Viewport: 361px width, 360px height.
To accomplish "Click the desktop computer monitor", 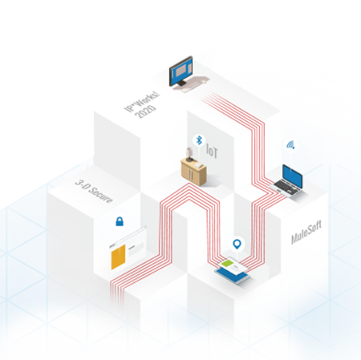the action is [x=181, y=71].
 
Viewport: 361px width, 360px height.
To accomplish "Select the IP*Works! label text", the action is [x=142, y=101].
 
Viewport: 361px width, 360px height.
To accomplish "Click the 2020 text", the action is [x=145, y=111].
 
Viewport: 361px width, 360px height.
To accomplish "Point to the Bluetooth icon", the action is [x=199, y=140].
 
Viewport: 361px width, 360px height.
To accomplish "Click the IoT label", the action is [x=212, y=152].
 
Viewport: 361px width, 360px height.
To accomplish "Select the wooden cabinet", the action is [x=193, y=172].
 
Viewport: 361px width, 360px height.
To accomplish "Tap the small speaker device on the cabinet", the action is [x=189, y=154].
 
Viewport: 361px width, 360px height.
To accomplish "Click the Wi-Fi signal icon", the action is [x=290, y=145].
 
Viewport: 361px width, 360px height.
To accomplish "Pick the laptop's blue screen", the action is [x=293, y=176].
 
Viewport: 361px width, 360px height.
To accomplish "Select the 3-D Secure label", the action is [x=94, y=192].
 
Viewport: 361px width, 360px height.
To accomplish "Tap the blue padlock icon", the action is [x=120, y=221].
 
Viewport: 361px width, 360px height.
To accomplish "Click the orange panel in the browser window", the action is [x=118, y=257].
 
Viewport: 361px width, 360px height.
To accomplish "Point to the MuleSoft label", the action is [x=306, y=233].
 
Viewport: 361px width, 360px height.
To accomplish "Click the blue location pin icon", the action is [x=237, y=244].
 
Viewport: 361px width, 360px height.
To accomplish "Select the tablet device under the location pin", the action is [x=233, y=270].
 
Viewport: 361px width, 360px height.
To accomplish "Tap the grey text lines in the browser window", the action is [x=136, y=249].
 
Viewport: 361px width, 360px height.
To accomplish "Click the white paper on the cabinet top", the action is [x=199, y=165].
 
